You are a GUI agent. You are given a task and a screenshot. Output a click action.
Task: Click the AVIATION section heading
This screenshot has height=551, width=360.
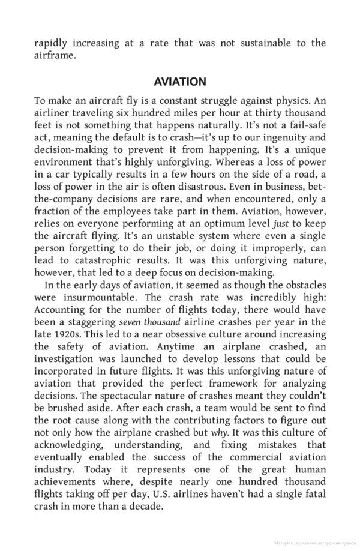point(180,82)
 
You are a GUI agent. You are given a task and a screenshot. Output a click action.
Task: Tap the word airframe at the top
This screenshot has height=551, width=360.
point(55,56)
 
